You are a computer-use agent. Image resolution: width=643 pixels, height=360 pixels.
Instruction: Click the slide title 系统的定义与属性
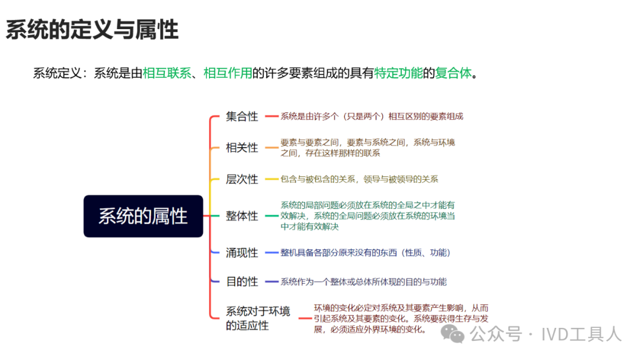pyautogui.click(x=92, y=30)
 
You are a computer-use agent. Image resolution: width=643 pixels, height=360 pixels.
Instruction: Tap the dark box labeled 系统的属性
pyautogui.click(x=143, y=216)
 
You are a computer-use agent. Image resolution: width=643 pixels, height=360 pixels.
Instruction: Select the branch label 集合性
pyautogui.click(x=242, y=117)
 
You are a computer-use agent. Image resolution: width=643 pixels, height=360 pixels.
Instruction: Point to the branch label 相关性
pyautogui.click(x=242, y=148)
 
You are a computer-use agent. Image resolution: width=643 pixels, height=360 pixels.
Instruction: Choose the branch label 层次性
pyautogui.click(x=242, y=179)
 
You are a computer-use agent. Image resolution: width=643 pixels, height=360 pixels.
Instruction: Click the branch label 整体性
pyautogui.click(x=242, y=215)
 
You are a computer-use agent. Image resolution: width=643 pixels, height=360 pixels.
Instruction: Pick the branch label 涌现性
pyautogui.click(x=242, y=252)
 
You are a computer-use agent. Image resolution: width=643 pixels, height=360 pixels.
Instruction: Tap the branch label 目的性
pyautogui.click(x=242, y=281)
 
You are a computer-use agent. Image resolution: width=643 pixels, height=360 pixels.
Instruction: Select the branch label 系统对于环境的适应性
pyautogui.click(x=258, y=318)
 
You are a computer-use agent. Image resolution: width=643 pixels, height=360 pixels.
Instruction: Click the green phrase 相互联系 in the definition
pyautogui.click(x=167, y=73)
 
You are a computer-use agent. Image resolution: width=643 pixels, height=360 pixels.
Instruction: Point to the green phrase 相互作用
pyautogui.click(x=227, y=73)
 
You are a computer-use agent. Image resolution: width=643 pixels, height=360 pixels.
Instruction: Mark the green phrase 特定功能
pyautogui.click(x=398, y=73)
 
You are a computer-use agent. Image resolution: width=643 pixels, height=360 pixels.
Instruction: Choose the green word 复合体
pyautogui.click(x=453, y=73)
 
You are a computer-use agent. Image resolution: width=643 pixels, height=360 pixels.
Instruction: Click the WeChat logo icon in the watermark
pyautogui.click(x=452, y=334)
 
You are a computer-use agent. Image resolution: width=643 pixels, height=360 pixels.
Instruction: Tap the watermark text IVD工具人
pyautogui.click(x=582, y=334)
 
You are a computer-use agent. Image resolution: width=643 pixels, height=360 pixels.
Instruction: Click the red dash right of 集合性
pyautogui.click(x=271, y=117)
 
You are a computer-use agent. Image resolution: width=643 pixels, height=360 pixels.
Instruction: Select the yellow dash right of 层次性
pyautogui.click(x=271, y=179)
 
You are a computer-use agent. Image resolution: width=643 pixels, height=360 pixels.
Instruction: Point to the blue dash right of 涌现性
pyautogui.click(x=271, y=252)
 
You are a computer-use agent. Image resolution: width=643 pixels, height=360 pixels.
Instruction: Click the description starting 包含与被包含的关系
pyautogui.click(x=359, y=179)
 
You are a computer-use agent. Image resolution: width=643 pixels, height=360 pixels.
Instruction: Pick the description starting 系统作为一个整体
pyautogui.click(x=364, y=281)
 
